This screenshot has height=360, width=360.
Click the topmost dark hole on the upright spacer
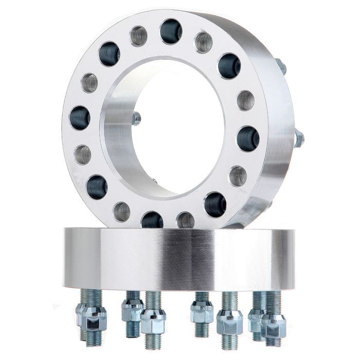point(171,31)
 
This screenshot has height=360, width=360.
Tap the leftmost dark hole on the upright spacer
point(80,118)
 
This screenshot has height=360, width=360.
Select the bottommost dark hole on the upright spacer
point(152,220)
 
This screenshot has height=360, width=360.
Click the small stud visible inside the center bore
point(136,119)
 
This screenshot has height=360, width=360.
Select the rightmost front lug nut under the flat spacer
point(273,325)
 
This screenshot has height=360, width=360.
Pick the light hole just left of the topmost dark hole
point(138,36)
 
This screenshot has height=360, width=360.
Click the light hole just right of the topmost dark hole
point(203,42)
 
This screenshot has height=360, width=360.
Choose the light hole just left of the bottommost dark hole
point(122,211)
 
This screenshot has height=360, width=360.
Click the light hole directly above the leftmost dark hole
point(89,83)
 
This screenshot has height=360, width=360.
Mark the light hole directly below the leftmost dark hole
point(83,154)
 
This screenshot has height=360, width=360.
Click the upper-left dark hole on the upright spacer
point(109,54)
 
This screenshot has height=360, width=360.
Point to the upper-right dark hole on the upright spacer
point(229,66)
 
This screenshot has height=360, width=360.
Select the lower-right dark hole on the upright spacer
point(215,205)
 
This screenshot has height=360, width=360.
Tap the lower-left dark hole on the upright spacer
point(97,187)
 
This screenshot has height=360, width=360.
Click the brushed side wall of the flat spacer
point(180,257)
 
